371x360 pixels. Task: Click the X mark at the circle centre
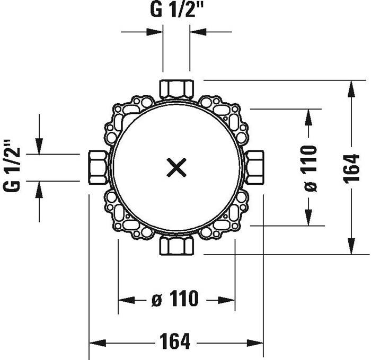pyautogui.click(x=176, y=168)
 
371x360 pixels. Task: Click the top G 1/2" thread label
pyautogui.click(x=176, y=10)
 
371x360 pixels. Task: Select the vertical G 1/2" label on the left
pyautogui.click(x=11, y=166)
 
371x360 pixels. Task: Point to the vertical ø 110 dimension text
pyautogui.click(x=311, y=168)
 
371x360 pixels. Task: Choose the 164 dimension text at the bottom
pyautogui.click(x=174, y=341)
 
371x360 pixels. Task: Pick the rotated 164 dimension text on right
pyautogui.click(x=351, y=168)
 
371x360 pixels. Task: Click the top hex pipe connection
pyautogui.click(x=176, y=89)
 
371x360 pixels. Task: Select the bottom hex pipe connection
pyautogui.click(x=176, y=246)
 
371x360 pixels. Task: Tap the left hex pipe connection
pyautogui.click(x=98, y=167)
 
